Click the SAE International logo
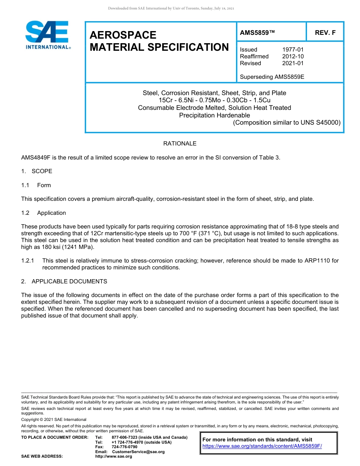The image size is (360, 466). click(47, 35)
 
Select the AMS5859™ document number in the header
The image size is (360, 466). click(257, 33)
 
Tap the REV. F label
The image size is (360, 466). click(325, 33)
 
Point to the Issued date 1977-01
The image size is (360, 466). click(293, 50)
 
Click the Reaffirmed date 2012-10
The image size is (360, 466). click(293, 56)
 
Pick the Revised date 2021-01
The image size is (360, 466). click(293, 63)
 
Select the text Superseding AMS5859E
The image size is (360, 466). click(272, 77)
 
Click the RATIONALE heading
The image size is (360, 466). click(180, 144)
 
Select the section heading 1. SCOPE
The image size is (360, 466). click(37, 171)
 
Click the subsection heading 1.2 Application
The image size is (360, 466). click(44, 213)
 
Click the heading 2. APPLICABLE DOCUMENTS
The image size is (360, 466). click(64, 281)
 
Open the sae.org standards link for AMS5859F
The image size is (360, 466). click(262, 446)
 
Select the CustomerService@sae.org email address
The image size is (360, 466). click(138, 452)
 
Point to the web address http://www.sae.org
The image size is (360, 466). click(113, 457)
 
